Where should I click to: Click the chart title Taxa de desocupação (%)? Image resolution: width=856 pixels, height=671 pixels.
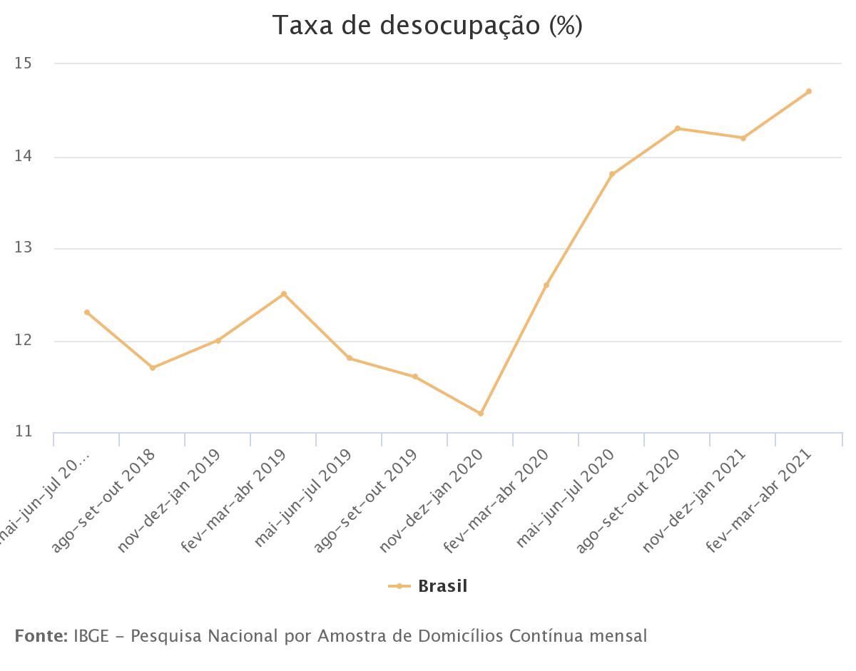tap(427, 26)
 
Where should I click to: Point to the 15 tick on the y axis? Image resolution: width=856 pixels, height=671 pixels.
tap(24, 63)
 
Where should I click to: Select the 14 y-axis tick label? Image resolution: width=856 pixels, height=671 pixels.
tap(24, 156)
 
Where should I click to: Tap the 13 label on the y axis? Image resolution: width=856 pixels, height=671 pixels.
tap(24, 248)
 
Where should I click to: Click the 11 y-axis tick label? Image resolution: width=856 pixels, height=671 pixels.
tap(24, 431)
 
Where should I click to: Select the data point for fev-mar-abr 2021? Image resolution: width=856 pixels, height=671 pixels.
tap(808, 91)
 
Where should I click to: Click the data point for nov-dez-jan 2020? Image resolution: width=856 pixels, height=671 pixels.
tap(481, 414)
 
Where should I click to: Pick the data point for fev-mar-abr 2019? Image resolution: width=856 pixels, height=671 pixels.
tap(284, 294)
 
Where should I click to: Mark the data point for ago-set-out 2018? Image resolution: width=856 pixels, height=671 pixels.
tap(153, 368)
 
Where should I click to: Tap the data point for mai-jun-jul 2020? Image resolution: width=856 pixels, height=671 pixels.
tap(612, 174)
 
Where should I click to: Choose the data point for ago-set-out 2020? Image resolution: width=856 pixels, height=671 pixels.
tap(678, 128)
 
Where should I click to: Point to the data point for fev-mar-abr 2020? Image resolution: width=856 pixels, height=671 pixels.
tap(546, 285)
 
